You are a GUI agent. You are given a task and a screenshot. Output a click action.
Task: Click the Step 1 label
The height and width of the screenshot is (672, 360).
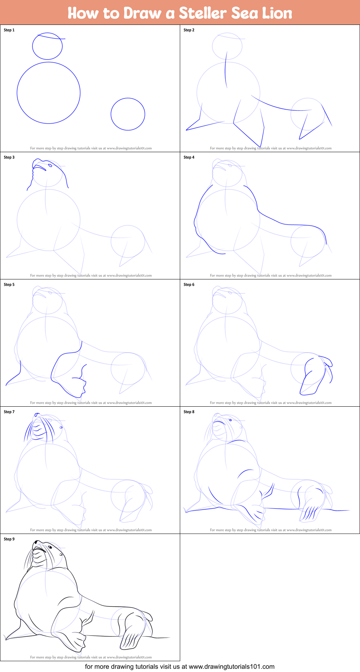(x=9, y=30)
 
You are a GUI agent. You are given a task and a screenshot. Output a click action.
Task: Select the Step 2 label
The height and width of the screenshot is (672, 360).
(x=189, y=30)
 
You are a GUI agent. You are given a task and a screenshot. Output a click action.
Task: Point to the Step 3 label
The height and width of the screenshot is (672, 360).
(x=9, y=157)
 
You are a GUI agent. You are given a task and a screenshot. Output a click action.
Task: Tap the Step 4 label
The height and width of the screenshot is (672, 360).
(x=189, y=157)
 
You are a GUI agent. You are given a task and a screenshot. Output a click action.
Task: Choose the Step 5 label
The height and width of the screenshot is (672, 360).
(x=9, y=284)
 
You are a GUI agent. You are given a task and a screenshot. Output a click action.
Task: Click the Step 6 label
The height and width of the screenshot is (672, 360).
(x=189, y=284)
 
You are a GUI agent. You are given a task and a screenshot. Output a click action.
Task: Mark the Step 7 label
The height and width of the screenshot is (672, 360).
(x=9, y=412)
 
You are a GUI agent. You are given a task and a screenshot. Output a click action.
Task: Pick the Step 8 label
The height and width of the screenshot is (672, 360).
(x=189, y=412)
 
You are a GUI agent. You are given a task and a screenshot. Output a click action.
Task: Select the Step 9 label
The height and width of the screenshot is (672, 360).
(x=9, y=539)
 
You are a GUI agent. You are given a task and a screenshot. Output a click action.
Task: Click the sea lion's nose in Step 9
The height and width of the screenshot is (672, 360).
(x=36, y=542)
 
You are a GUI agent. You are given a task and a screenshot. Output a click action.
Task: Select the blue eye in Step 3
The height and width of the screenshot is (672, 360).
(x=50, y=165)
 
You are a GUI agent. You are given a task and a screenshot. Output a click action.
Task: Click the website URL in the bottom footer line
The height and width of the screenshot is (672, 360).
(x=232, y=667)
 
